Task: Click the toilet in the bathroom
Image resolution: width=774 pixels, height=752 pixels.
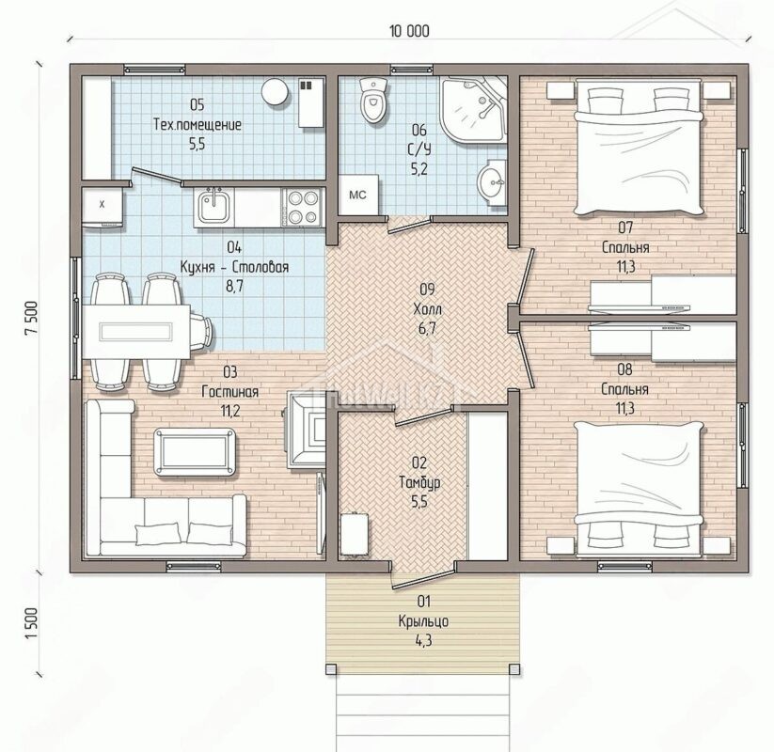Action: coord(374,100)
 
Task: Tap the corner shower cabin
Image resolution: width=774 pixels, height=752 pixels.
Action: coord(473,110)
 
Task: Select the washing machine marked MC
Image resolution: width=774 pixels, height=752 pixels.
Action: coord(359,195)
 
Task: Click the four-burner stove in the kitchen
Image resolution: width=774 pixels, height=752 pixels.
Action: coord(302,207)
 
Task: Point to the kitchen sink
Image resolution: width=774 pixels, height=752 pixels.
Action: coord(213,206)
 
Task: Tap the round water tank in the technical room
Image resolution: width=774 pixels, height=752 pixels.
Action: coord(274,92)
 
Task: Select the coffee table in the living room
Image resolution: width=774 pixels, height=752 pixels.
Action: coord(195,452)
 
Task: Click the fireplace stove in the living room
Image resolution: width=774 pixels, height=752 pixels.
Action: coord(306,430)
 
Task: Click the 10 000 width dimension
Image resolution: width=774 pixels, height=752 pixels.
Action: coord(409,31)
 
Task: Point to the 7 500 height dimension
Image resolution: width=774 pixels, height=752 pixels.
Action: coord(32,319)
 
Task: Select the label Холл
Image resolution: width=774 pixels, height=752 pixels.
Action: coord(428,309)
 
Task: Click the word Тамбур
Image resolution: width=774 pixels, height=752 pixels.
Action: coord(419,482)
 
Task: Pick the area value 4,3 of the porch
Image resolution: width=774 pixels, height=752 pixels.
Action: coord(424,640)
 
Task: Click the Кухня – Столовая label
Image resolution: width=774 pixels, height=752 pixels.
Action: coord(234,267)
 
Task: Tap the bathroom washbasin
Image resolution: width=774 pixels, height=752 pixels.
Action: coord(491,182)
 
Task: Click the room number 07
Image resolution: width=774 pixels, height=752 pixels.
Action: coord(625,227)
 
